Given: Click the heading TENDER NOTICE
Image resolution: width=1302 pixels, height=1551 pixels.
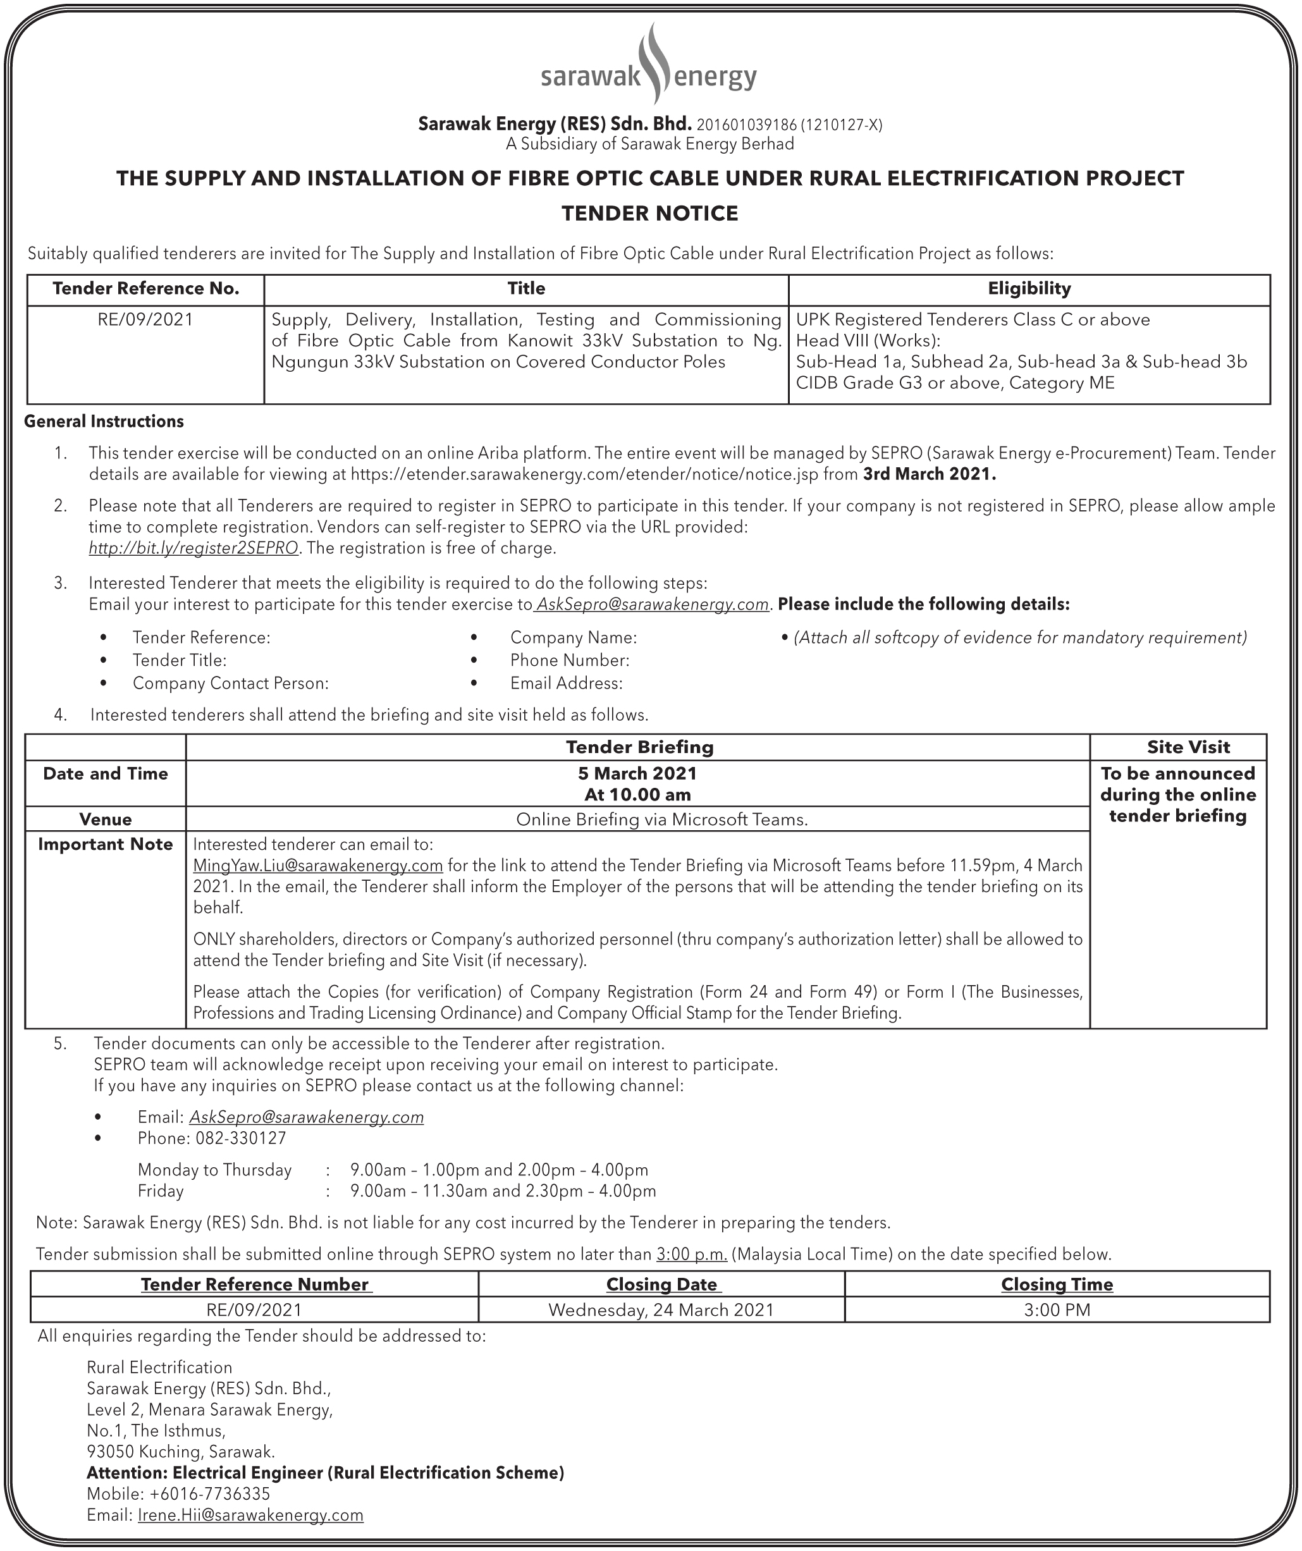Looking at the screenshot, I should (650, 214).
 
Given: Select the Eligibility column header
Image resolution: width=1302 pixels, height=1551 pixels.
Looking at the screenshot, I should (1029, 289).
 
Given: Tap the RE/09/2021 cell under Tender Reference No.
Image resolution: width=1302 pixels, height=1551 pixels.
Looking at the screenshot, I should (145, 320).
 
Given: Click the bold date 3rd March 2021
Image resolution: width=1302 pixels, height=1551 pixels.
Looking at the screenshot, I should (930, 474).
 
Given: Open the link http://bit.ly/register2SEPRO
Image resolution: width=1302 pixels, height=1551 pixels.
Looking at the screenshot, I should (193, 548).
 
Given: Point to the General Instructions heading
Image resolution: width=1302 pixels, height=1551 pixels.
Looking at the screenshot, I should (104, 422).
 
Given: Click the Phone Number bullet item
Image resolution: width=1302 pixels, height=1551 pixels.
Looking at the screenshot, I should (569, 660).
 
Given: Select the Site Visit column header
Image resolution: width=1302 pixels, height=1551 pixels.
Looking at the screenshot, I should (1188, 747).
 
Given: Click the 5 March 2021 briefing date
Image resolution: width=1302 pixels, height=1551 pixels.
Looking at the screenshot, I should (637, 773).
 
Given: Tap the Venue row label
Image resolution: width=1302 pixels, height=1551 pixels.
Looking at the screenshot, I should (106, 819).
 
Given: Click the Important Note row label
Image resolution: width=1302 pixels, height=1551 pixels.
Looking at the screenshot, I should (106, 844).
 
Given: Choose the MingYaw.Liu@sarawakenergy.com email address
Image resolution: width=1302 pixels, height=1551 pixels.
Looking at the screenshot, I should (317, 865).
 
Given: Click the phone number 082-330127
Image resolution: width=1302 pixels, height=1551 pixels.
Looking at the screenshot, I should (241, 1138).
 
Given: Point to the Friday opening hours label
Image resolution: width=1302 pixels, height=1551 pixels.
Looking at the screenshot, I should (161, 1191).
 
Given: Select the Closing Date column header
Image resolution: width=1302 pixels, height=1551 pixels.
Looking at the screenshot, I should (661, 1284).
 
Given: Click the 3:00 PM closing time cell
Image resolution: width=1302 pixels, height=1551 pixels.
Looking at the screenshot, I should (1057, 1310).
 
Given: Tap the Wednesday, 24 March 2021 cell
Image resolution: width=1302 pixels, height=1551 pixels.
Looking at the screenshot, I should (661, 1310).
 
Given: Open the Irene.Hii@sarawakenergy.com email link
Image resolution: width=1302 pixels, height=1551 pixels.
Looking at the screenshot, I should (250, 1516).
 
